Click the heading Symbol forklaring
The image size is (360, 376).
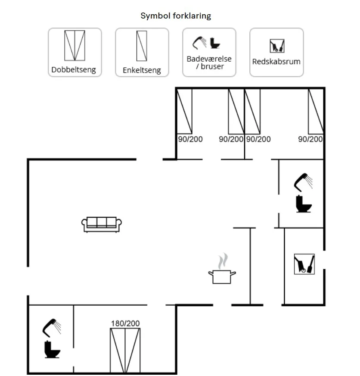(176, 16)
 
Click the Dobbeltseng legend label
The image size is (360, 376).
(74, 69)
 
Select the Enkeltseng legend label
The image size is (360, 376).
(142, 70)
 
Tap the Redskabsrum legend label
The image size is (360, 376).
(276, 61)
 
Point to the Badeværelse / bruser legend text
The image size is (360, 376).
(209, 63)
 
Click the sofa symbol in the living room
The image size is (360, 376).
(102, 224)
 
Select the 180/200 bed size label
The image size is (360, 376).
(125, 323)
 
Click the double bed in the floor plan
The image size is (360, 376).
(125, 350)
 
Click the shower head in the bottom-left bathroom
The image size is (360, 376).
(51, 327)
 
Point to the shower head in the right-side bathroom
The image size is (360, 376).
(304, 182)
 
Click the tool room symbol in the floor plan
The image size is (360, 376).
(304, 264)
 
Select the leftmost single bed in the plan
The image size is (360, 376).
(185, 111)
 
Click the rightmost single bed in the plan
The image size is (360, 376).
(316, 111)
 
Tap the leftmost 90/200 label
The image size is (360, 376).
(190, 139)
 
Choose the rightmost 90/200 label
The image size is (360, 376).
(310, 139)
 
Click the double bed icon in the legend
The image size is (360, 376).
(74, 45)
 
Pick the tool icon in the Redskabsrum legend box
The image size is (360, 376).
(277, 46)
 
